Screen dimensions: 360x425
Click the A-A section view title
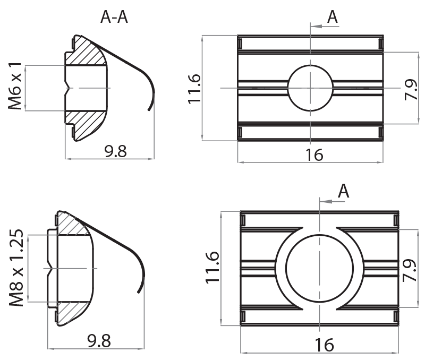click(x=114, y=17)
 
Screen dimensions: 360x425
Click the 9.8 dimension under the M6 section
click(x=115, y=152)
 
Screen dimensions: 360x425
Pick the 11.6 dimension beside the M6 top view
click(x=194, y=88)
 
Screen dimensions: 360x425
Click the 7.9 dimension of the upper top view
click(x=411, y=88)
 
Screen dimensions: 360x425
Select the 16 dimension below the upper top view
click(x=314, y=155)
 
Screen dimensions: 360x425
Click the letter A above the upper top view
click(x=333, y=17)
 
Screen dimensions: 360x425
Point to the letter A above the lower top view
click(x=344, y=191)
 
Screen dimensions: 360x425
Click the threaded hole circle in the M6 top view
click(x=310, y=88)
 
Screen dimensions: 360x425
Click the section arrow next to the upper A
click(x=317, y=25)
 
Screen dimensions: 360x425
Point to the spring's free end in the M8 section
click(x=140, y=291)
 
